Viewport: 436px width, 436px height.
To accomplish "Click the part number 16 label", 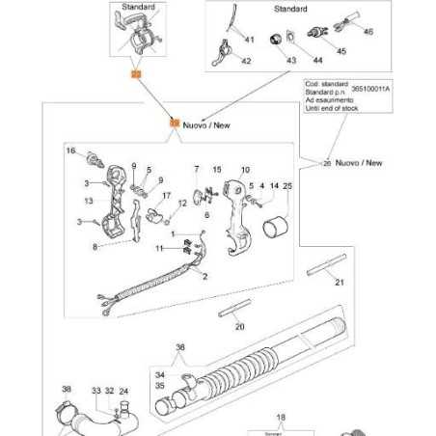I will click(70, 151).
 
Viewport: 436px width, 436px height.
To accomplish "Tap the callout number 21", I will click(339, 283).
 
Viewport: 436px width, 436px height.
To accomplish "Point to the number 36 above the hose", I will click(179, 348).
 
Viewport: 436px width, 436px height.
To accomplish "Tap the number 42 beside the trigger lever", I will click(246, 62).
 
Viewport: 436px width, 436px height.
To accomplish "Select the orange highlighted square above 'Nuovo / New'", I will click(174, 123).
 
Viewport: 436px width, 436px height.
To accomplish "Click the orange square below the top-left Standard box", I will click(135, 73).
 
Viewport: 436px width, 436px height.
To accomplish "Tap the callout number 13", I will click(89, 201).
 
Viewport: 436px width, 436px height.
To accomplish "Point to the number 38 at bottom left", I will click(67, 391).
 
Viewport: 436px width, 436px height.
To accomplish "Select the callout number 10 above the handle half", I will click(245, 170).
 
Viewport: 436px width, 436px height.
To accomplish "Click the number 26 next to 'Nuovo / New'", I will click(327, 163).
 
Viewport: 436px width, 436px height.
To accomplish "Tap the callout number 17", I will click(167, 196).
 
